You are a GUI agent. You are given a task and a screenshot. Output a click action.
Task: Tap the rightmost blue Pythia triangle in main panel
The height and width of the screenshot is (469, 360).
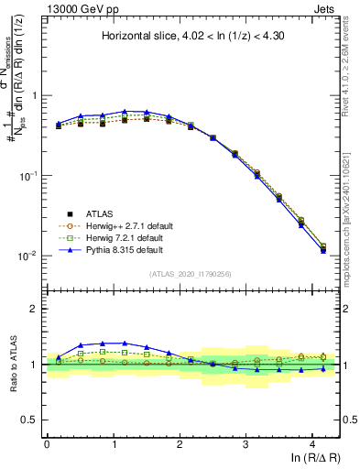pos(322,250)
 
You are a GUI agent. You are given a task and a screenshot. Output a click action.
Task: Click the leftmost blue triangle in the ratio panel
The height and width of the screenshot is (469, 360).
pos(59,357)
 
